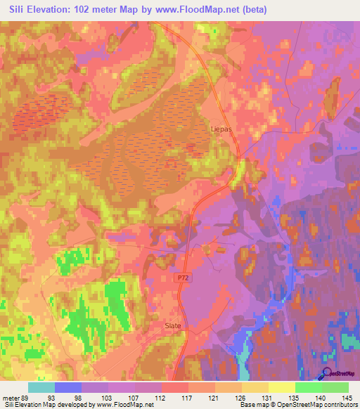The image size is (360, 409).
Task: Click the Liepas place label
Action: (x=221, y=129)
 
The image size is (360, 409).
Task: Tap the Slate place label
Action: (x=173, y=325)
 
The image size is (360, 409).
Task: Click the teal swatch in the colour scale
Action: (x=41, y=387)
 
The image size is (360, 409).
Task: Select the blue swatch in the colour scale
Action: (x=68, y=387)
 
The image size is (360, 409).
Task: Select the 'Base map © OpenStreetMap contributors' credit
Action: (x=297, y=404)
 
